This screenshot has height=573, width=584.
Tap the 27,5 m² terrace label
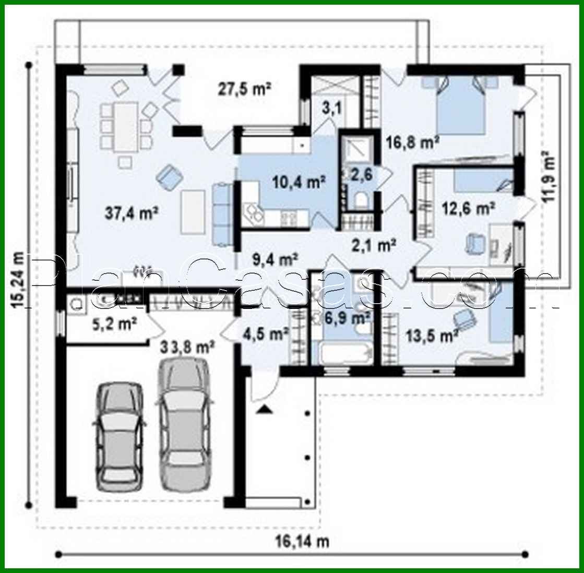coord(243,89)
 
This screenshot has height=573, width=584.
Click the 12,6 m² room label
coord(468,209)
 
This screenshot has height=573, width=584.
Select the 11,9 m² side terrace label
coord(547,180)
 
